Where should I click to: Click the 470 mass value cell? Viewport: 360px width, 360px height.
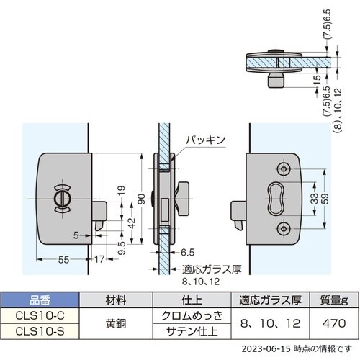[327, 323]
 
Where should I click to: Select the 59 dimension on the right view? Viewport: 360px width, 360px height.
[327, 197]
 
